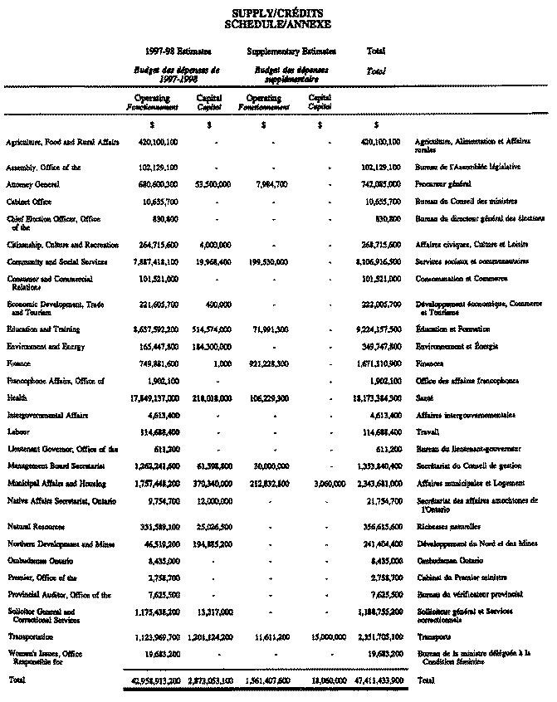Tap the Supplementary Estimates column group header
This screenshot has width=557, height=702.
[x=286, y=51]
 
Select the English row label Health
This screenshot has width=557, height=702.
[x=16, y=397]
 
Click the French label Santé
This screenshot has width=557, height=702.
[x=423, y=397]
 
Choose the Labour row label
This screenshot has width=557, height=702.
[x=17, y=432]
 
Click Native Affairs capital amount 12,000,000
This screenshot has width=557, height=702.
[x=213, y=501]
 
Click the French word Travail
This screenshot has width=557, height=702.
[x=426, y=432]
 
